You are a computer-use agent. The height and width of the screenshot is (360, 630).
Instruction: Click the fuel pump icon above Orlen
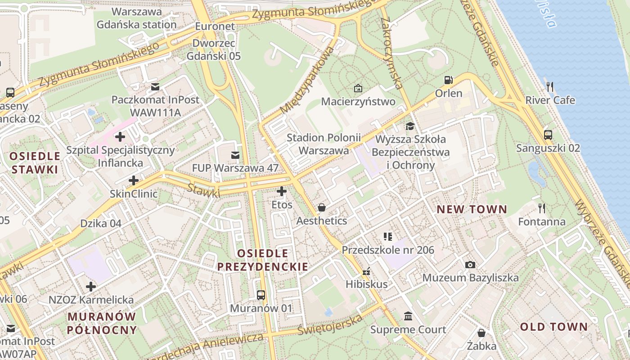pyautogui.click(x=448, y=80)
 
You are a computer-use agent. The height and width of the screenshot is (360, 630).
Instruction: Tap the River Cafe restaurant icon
pyautogui.click(x=549, y=86)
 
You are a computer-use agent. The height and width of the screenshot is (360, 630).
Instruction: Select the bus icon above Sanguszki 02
pyautogui.click(x=548, y=135)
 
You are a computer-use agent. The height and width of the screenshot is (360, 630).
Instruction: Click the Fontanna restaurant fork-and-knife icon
pyautogui.click(x=542, y=208)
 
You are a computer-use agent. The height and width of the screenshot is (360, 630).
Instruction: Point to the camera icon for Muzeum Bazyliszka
pyautogui.click(x=470, y=265)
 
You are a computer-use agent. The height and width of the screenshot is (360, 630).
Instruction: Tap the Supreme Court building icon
pyautogui.click(x=408, y=316)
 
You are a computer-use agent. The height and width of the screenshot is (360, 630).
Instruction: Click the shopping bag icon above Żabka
pyautogui.click(x=481, y=333)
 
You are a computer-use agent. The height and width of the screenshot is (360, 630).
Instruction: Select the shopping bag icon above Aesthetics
pyautogui.click(x=322, y=207)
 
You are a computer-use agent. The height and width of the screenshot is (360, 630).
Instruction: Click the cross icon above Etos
pyautogui.click(x=282, y=191)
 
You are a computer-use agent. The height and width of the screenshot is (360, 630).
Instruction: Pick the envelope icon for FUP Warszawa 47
pyautogui.click(x=235, y=155)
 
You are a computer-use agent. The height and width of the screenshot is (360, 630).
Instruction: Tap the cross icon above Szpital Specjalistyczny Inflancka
pyautogui.click(x=120, y=136)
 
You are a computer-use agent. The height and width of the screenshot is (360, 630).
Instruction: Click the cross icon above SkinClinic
pyautogui.click(x=134, y=180)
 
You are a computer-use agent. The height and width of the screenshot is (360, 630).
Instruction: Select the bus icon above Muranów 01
pyautogui.click(x=261, y=295)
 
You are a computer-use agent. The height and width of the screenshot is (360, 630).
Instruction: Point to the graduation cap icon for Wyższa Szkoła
pyautogui.click(x=410, y=126)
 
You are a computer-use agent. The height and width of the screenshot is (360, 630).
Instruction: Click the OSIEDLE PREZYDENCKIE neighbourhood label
pyautogui.click(x=263, y=260)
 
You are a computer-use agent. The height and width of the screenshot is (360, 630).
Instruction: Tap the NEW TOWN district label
pyautogui.click(x=472, y=209)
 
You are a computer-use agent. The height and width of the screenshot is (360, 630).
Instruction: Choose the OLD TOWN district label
pyautogui.click(x=554, y=327)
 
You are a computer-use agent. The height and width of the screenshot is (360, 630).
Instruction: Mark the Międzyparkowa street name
pyautogui.click(x=307, y=81)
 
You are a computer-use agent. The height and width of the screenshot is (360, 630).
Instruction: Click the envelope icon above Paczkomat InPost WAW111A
pyautogui.click(x=155, y=86)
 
